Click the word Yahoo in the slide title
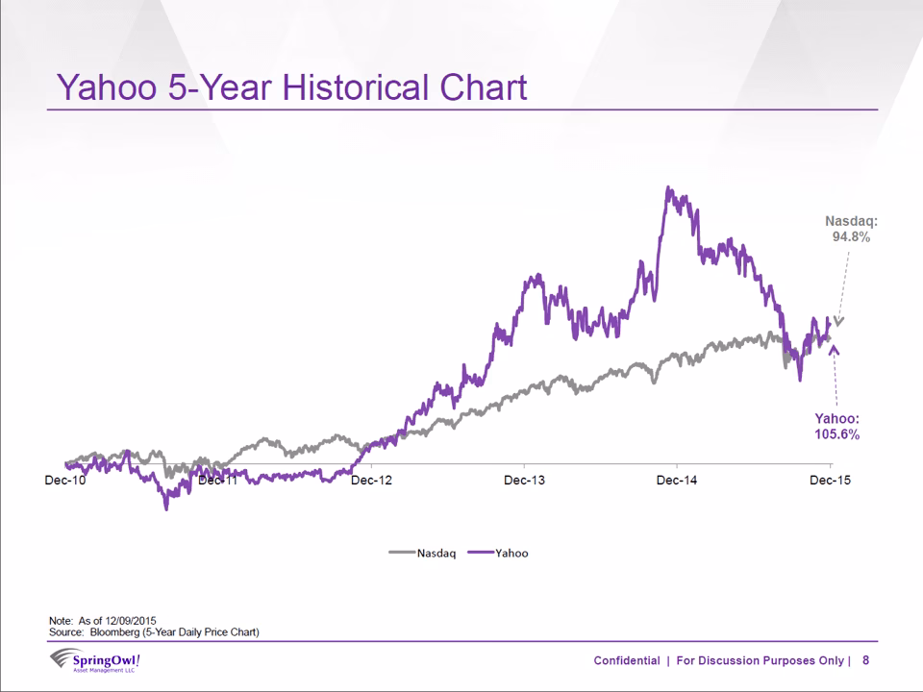click(x=107, y=87)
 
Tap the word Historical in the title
click(x=356, y=87)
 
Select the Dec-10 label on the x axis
click(x=64, y=481)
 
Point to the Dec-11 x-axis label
click(x=218, y=481)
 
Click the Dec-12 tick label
click(x=371, y=481)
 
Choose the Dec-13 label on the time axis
click(x=525, y=481)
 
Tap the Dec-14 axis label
click(x=677, y=481)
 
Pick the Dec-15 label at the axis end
click(x=830, y=481)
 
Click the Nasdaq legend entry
click(x=423, y=554)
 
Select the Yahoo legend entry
click(x=498, y=554)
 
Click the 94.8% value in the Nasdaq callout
click(x=851, y=236)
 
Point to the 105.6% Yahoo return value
click(x=837, y=434)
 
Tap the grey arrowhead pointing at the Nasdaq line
click(x=838, y=321)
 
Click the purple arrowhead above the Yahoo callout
click(x=834, y=350)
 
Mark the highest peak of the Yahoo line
click(x=667, y=187)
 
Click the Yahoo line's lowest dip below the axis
click(x=166, y=508)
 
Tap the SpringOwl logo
click(x=95, y=660)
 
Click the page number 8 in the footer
click(x=865, y=660)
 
